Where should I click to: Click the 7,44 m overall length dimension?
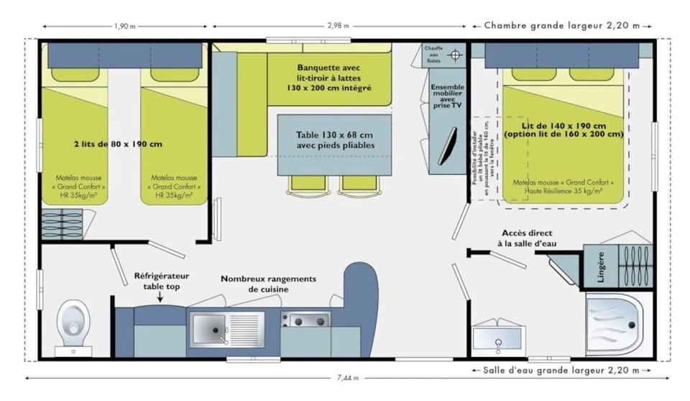347,377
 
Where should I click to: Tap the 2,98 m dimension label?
339,26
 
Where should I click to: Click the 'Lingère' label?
601,266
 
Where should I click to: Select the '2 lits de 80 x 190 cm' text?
119,143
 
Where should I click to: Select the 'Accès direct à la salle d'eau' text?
527,238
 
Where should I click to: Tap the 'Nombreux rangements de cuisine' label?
268,284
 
